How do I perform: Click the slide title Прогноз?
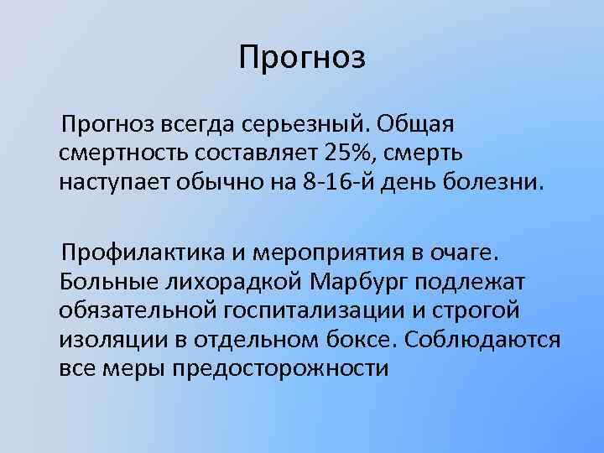pyautogui.click(x=302, y=58)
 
